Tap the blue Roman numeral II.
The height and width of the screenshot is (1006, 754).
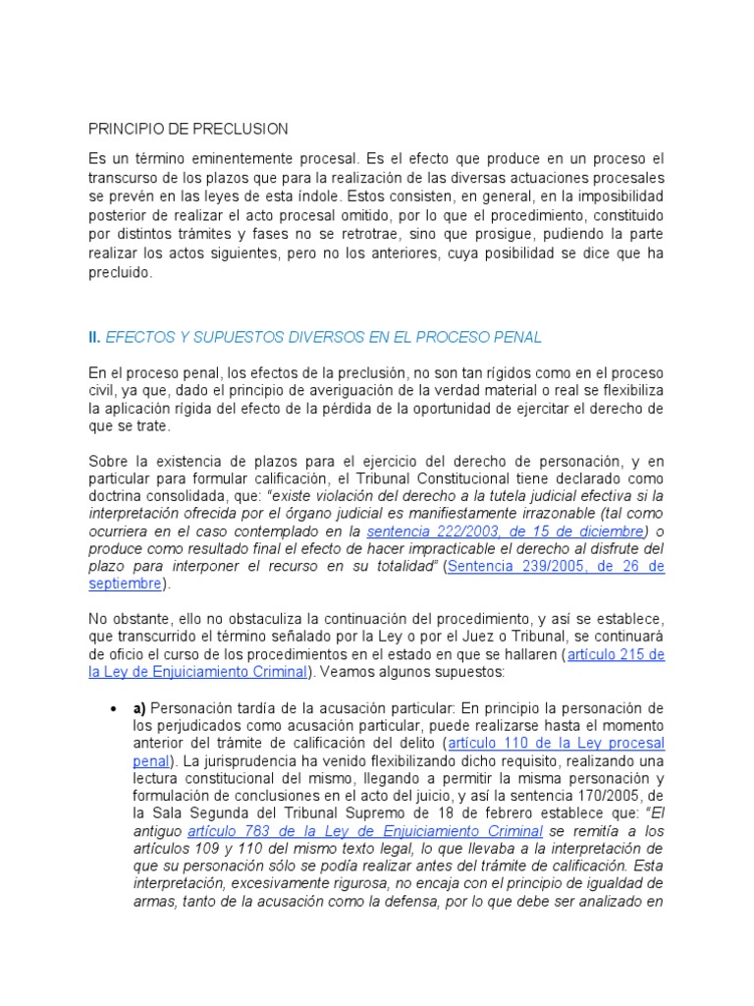(x=94, y=337)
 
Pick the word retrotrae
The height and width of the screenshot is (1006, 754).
(x=418, y=235)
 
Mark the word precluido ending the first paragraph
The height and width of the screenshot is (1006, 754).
(x=121, y=273)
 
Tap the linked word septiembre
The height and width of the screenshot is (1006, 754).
(x=125, y=585)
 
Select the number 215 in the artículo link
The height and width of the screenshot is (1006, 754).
(x=637, y=654)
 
